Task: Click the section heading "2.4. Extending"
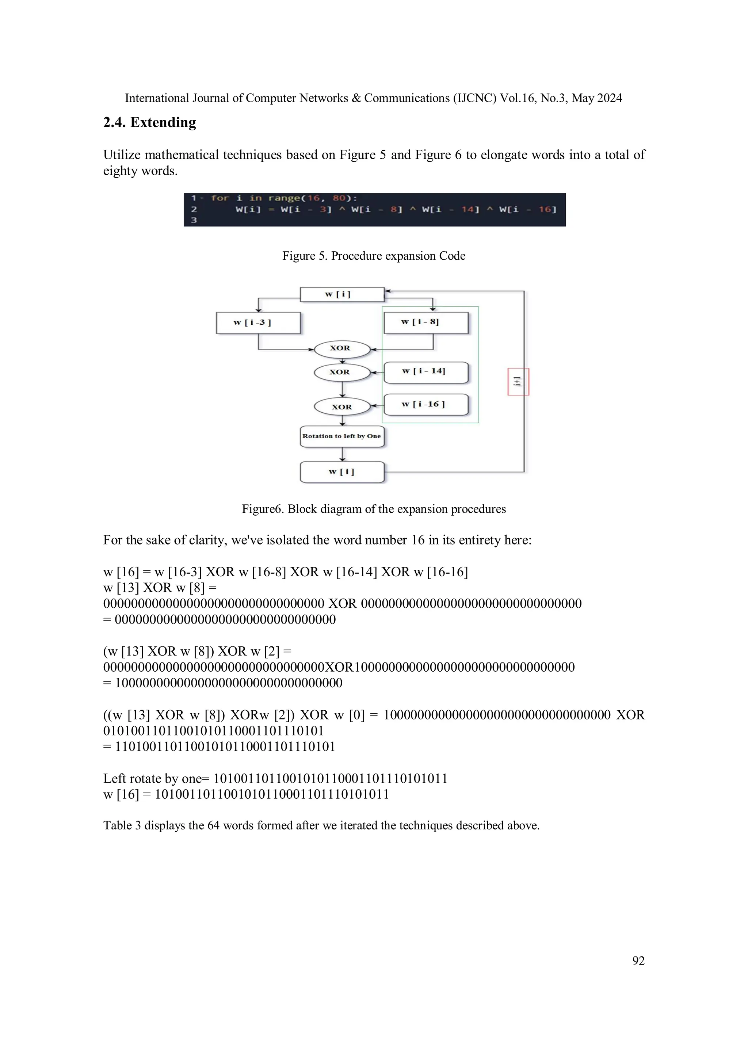pyautogui.click(x=149, y=123)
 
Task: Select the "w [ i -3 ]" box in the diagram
pyautogui.click(x=258, y=322)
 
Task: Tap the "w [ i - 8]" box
pyautogui.click(x=426, y=322)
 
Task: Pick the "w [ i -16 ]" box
pyautogui.click(x=426, y=405)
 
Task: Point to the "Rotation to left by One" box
pyautogui.click(x=341, y=436)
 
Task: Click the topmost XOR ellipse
pyautogui.click(x=341, y=349)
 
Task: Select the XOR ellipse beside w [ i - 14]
pyautogui.click(x=341, y=373)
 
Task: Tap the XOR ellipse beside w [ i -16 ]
pyautogui.click(x=341, y=407)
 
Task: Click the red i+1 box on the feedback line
pyautogui.click(x=518, y=382)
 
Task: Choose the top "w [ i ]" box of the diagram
pyautogui.click(x=341, y=294)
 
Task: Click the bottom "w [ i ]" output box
pyautogui.click(x=341, y=472)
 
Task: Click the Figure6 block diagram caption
pyautogui.click(x=374, y=509)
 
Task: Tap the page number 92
pyautogui.click(x=638, y=961)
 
